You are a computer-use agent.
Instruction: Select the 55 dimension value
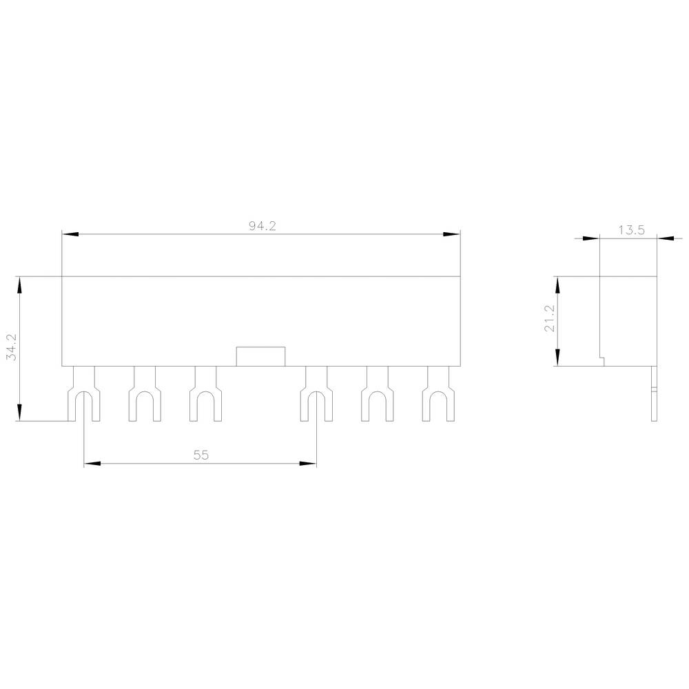point(200,455)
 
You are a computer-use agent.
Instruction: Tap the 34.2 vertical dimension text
point(10,349)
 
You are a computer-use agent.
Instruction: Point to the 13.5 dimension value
point(630,231)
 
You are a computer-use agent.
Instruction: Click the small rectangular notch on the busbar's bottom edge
point(260,356)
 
